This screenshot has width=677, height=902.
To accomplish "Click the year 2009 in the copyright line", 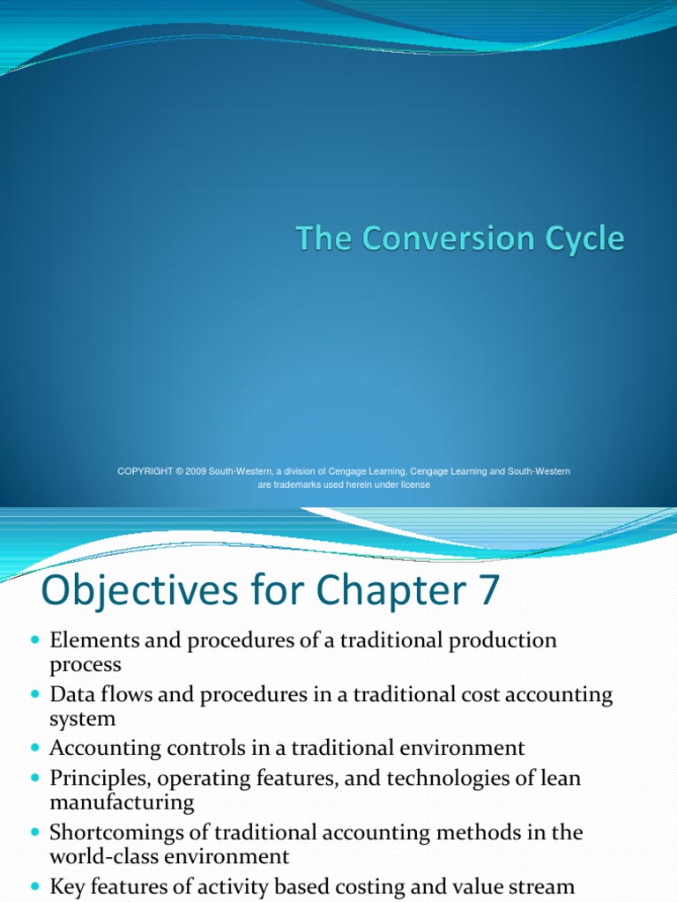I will pos(196,471).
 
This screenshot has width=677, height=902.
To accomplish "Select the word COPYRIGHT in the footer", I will pos(145,471).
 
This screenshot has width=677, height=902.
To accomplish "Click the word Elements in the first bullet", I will pos(89,640).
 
